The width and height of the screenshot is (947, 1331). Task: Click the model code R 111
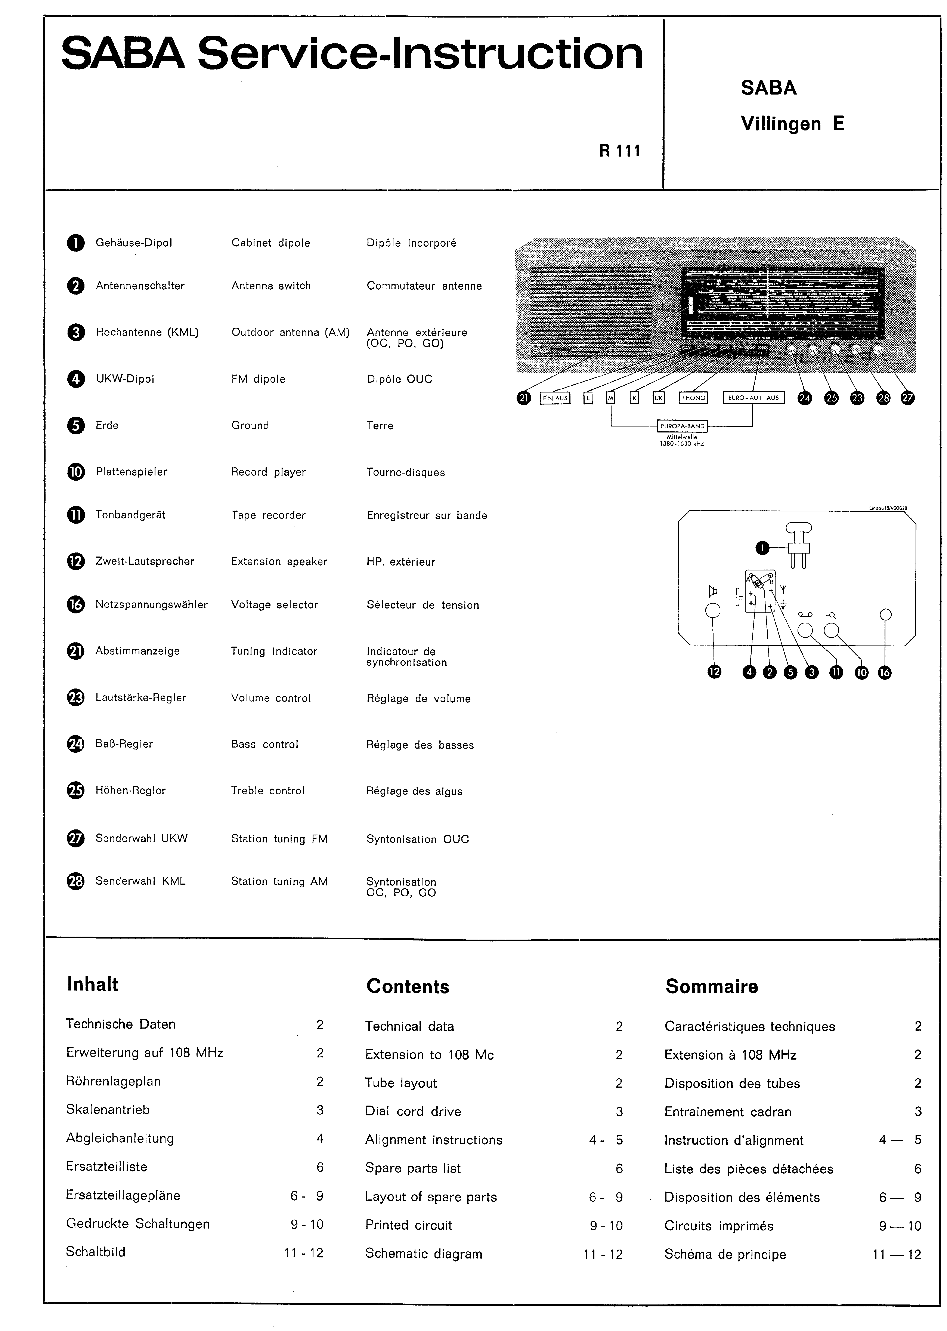pyautogui.click(x=620, y=151)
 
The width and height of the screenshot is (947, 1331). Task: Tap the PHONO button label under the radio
pyautogui.click(x=693, y=398)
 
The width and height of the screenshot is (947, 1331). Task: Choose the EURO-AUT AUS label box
pyautogui.click(x=753, y=398)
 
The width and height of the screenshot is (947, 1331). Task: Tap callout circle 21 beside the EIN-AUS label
pyautogui.click(x=524, y=398)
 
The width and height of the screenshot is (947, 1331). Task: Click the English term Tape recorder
pyautogui.click(x=268, y=515)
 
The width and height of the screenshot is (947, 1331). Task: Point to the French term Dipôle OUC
pyautogui.click(x=399, y=379)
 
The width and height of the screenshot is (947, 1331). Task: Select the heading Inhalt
pyautogui.click(x=93, y=984)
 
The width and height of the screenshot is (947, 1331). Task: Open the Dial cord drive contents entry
pyautogui.click(x=413, y=1111)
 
